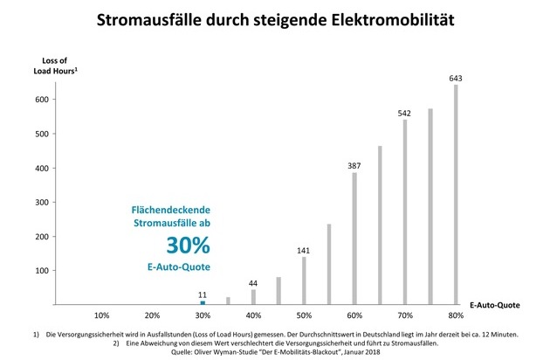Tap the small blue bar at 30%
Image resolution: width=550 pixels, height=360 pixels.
pos(203,302)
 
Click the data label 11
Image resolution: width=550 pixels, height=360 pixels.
pos(203,294)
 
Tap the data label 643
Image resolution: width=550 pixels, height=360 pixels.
pos(455,79)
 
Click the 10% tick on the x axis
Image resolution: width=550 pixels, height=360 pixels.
pos(101,315)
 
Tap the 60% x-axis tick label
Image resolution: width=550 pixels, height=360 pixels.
pos(354,315)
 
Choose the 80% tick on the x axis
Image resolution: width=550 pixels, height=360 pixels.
pos(455,315)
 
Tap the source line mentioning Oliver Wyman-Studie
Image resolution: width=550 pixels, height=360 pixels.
pos(276,353)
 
